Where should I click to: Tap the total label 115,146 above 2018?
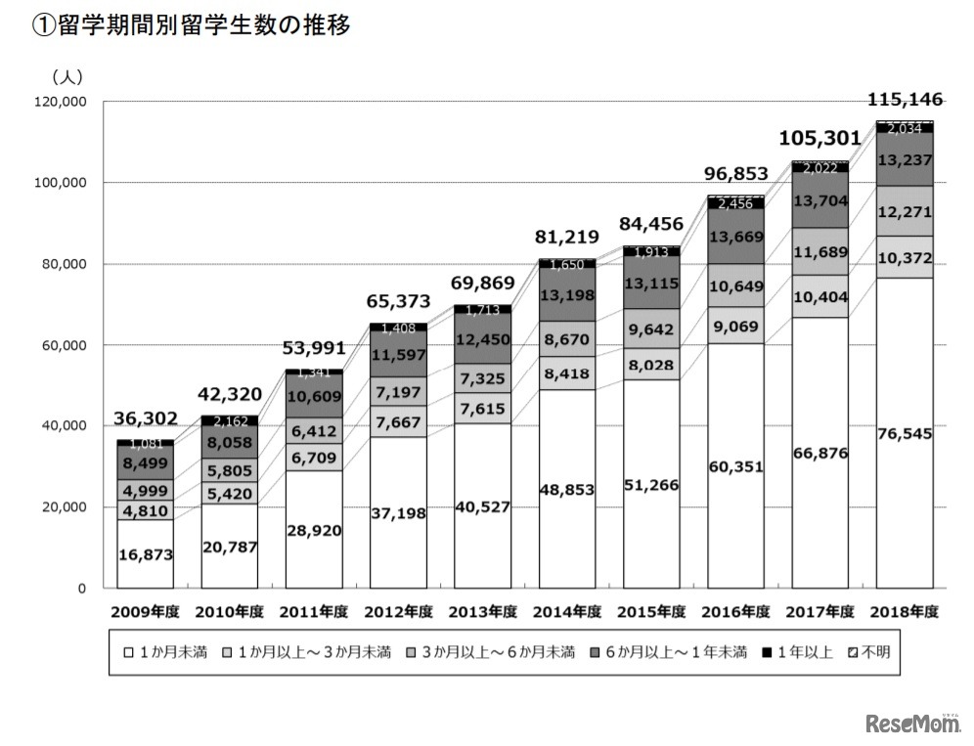[905, 99]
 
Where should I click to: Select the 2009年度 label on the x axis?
[146, 612]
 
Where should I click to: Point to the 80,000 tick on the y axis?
[62, 264]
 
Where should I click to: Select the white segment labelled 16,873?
[146, 554]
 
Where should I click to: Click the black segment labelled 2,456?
[736, 203]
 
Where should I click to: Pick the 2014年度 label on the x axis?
[567, 612]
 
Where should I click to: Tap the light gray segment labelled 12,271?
[905, 211]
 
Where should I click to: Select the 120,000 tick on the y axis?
[59, 102]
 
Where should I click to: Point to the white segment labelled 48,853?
[567, 489]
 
